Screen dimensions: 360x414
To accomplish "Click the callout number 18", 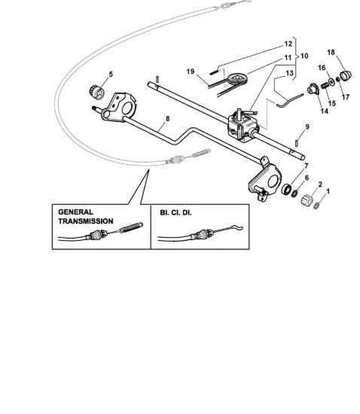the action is tap(331, 52).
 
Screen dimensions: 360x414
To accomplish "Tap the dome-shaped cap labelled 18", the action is tap(346, 75).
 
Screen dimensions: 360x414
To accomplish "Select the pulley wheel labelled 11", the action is tap(237, 78).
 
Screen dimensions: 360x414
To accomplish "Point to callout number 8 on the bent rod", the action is tap(167, 119).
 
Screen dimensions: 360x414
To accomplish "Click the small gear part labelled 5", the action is tap(96, 92).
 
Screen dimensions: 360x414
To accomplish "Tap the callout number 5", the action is tap(111, 75).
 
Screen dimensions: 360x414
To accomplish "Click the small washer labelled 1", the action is tap(316, 205).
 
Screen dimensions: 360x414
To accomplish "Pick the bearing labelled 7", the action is tap(286, 189).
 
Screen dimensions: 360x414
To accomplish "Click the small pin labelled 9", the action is tap(297, 142).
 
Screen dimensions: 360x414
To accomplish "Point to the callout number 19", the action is tap(191, 72).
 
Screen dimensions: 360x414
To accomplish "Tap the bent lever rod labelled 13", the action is tap(290, 100).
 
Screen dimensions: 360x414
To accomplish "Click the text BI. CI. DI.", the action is tap(175, 212).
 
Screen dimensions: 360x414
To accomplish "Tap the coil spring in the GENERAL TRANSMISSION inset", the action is tap(131, 227).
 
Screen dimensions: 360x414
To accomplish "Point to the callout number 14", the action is tap(325, 111).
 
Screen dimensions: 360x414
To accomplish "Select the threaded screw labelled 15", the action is tap(325, 86).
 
